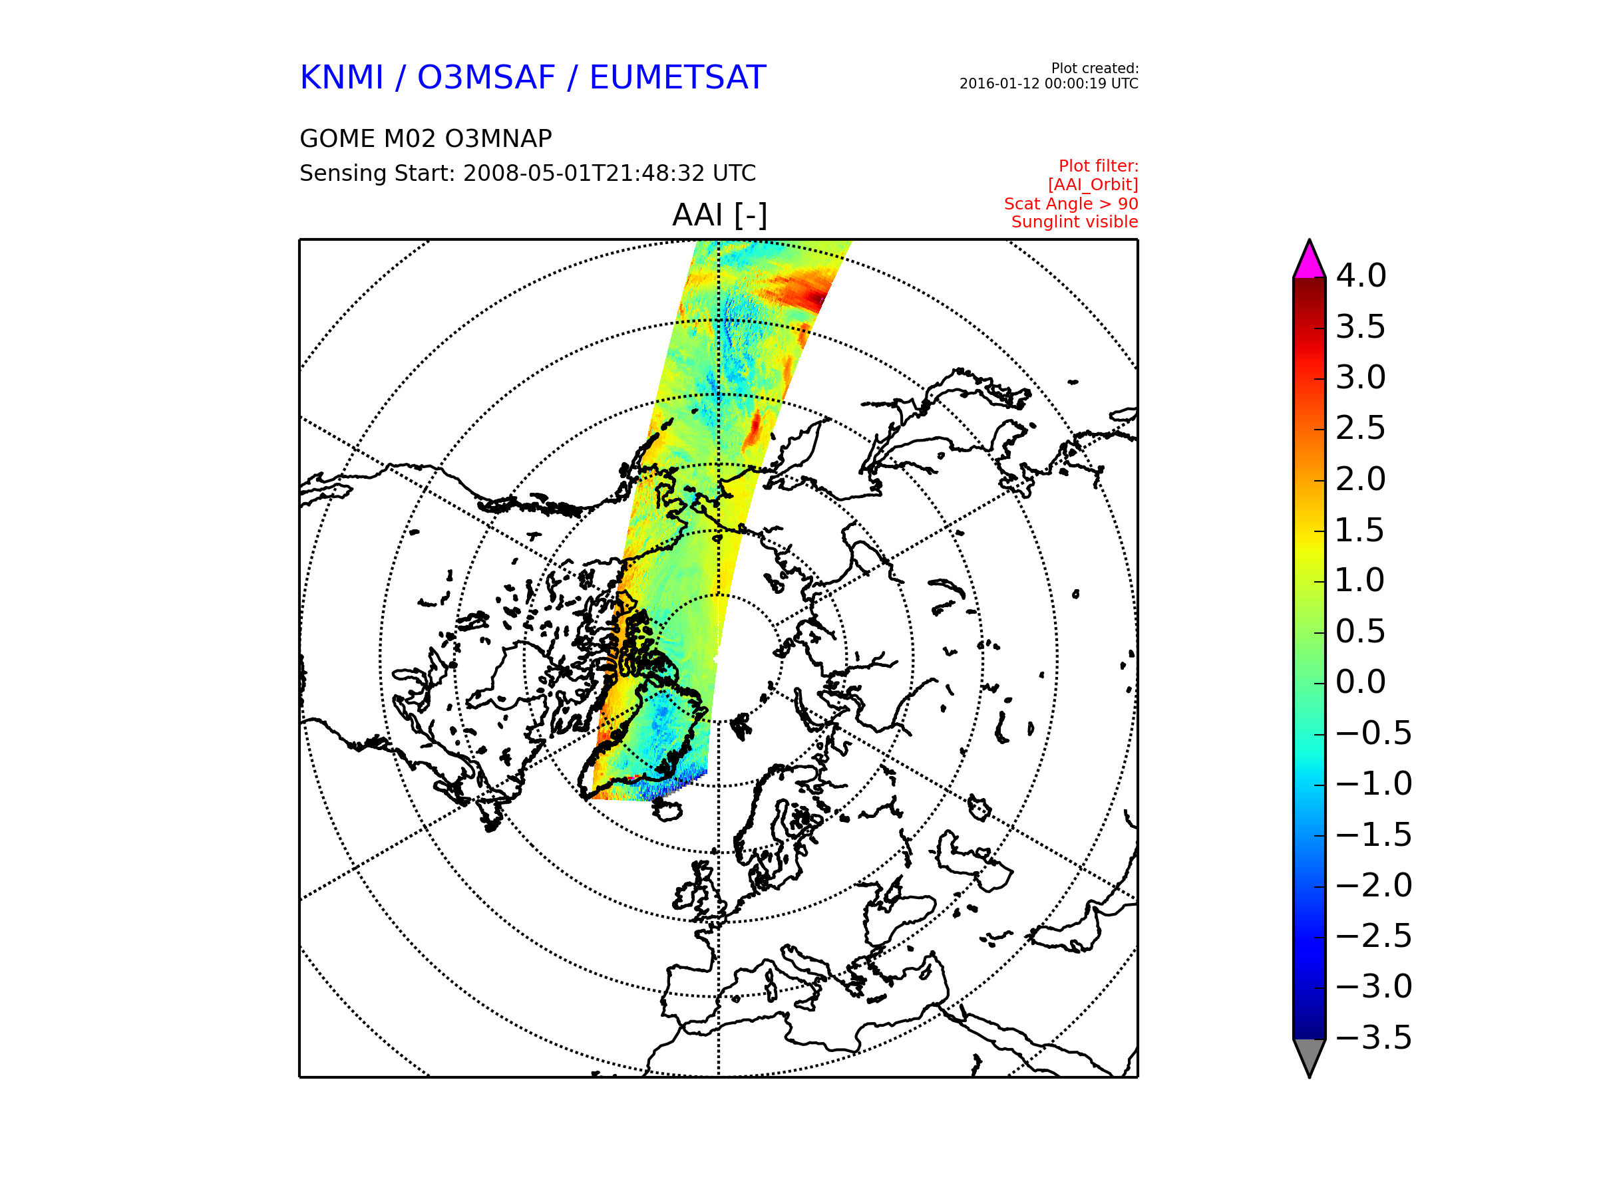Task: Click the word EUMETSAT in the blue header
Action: (677, 77)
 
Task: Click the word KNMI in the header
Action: (341, 77)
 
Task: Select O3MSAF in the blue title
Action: (486, 77)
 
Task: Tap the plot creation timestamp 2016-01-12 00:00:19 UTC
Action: (1048, 84)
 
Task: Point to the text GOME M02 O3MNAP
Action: (426, 138)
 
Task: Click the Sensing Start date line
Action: (528, 173)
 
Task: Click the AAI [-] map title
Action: (719, 215)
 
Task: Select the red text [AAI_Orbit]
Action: (1093, 185)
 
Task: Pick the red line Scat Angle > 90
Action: (1071, 203)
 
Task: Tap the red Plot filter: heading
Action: (1098, 166)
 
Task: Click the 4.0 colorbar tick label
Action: (1361, 275)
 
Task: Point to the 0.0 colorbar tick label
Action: (1361, 682)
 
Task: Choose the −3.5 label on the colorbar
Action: (1374, 1037)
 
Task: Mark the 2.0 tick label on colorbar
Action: (1361, 479)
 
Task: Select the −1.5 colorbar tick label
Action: (1374, 835)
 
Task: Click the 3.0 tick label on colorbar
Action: (1361, 377)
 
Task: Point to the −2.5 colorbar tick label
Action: (1374, 936)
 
